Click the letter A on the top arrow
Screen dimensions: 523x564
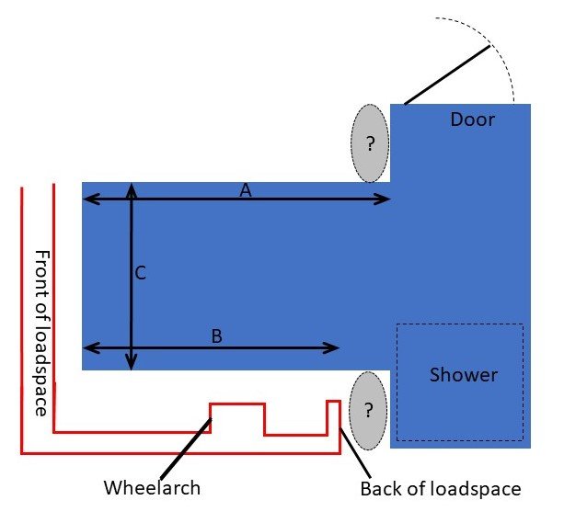tap(245, 189)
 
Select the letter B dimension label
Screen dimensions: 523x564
tap(216, 336)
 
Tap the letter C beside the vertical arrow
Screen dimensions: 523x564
tap(141, 272)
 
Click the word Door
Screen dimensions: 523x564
tap(472, 119)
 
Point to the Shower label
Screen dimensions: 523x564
tap(464, 374)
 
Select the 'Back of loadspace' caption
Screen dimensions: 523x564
tap(440, 488)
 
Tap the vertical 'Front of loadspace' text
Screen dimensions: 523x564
tap(40, 332)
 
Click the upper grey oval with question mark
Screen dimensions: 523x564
tap(371, 143)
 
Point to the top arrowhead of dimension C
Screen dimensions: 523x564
tap(132, 188)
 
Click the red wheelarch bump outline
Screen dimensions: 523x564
tap(237, 404)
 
